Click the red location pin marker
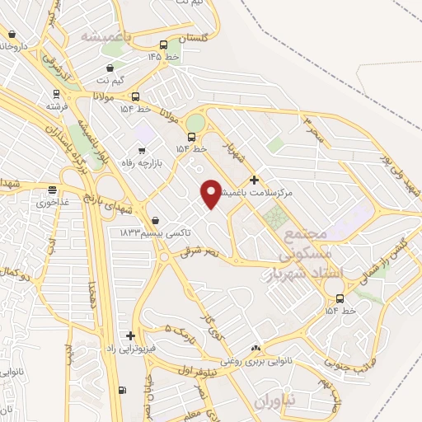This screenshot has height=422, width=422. pos(211,194)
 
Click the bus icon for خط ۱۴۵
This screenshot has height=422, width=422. pos(163,45)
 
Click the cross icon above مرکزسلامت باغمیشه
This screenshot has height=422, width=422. pos(254,180)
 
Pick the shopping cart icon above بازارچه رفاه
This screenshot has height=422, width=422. pos(142,150)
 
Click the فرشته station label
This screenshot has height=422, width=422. pos(56,107)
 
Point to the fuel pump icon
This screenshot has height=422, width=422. pos(123,390)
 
